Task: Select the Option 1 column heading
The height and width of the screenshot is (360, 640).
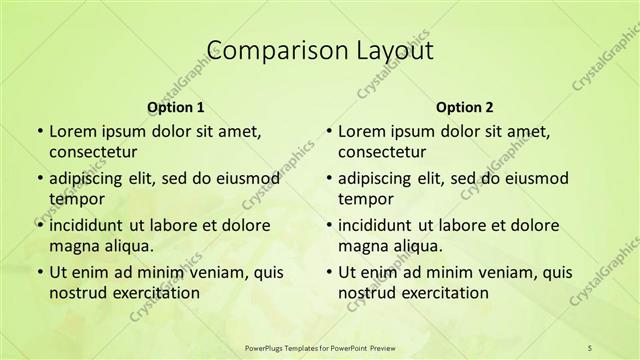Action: (176, 107)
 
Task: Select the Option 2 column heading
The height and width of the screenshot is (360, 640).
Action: (465, 107)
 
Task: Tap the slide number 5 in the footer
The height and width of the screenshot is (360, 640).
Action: (590, 347)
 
